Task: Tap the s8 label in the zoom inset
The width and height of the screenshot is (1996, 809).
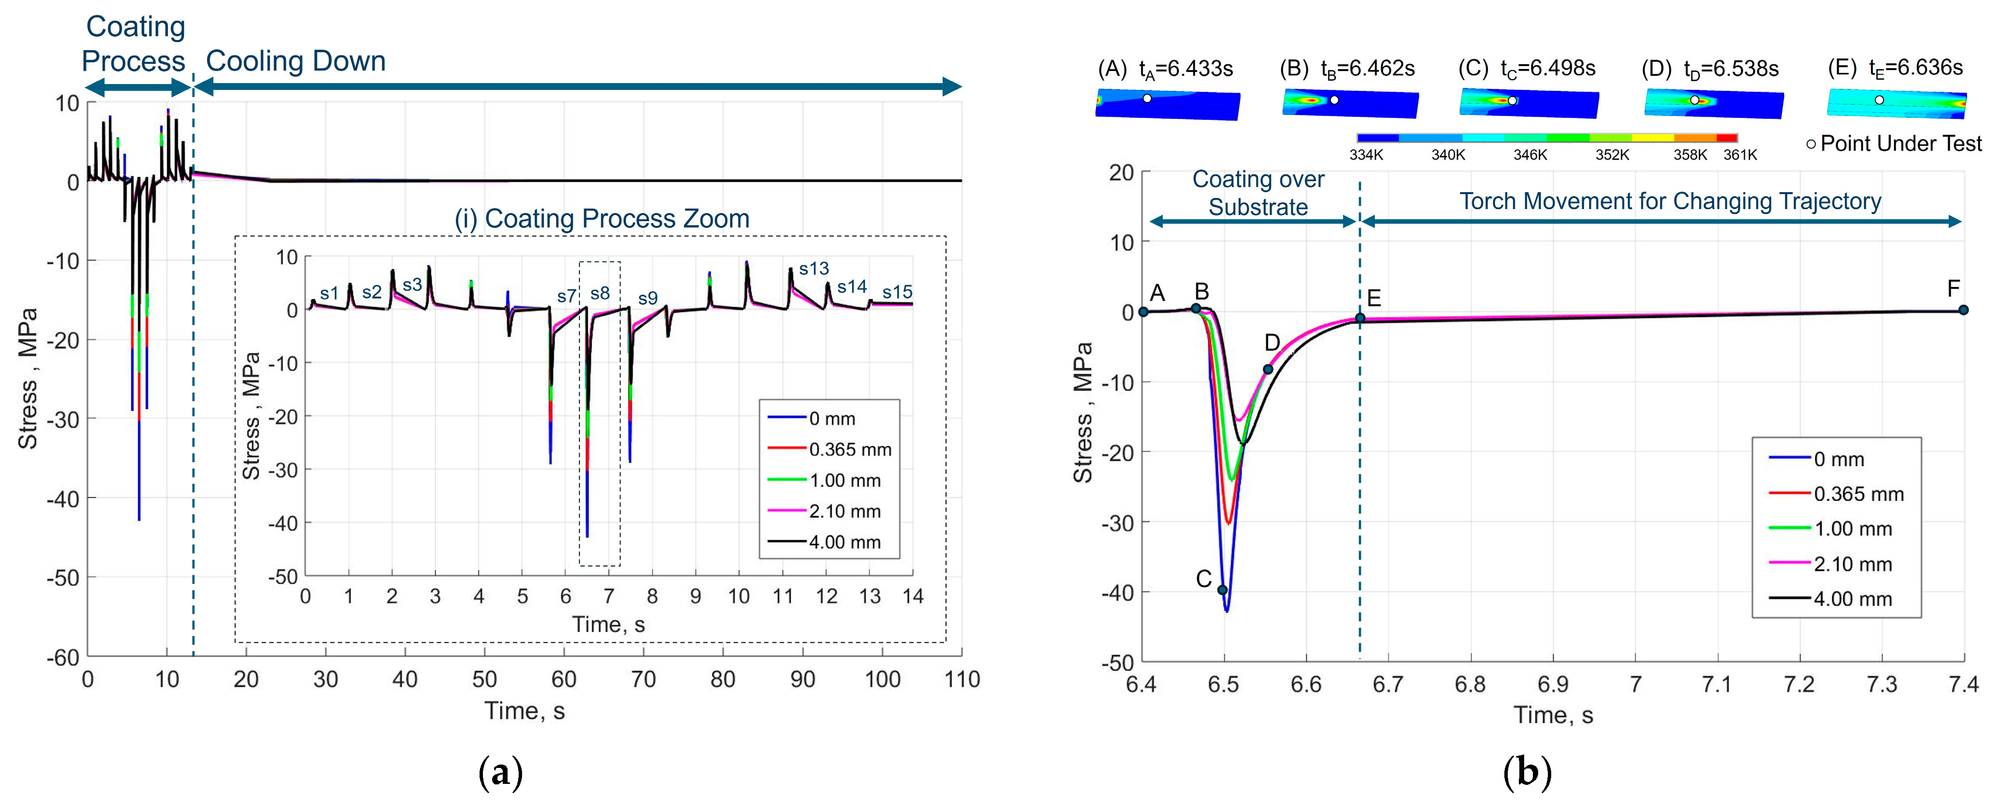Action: click(600, 294)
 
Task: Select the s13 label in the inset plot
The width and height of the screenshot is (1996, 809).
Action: click(814, 269)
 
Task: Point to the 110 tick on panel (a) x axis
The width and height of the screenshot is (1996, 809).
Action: click(962, 680)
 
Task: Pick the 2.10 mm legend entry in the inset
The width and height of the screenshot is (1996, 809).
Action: click(845, 511)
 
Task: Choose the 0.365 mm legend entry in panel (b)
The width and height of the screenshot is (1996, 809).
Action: click(1858, 495)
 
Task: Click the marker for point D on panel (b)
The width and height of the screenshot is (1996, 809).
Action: click(1268, 369)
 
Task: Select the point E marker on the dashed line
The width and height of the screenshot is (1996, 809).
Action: click(1360, 318)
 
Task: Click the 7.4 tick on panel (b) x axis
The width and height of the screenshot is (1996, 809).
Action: click(1963, 685)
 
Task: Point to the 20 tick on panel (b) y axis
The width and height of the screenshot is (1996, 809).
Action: click(1121, 173)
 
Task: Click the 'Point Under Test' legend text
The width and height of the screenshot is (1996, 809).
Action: click(1901, 143)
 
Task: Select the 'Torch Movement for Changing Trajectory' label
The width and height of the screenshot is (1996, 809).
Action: click(1670, 201)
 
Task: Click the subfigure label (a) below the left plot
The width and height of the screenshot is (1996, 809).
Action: click(500, 773)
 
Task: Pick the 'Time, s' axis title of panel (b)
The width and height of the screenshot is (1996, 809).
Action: click(1553, 715)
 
